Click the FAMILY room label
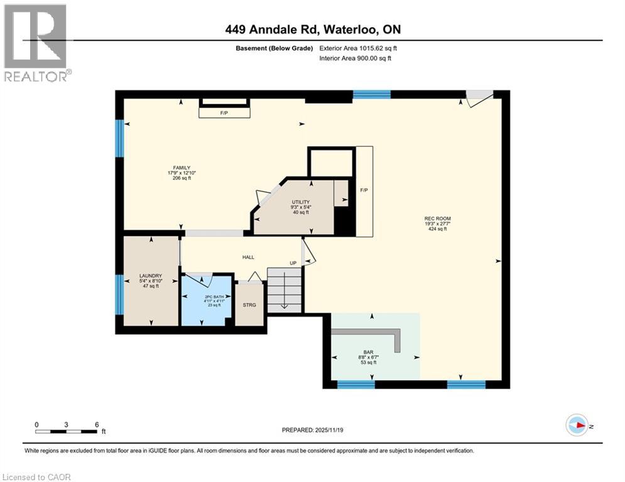coord(179,168)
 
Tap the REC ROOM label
coord(437,218)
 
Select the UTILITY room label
coord(300,202)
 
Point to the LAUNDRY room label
coord(151,276)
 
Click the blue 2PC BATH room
coord(207,301)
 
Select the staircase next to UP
coord(285,289)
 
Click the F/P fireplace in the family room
coord(224,113)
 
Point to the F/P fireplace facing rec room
coord(364,191)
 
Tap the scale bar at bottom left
coord(67,431)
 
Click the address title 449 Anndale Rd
coord(312,29)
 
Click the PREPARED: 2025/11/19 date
coord(312,430)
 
